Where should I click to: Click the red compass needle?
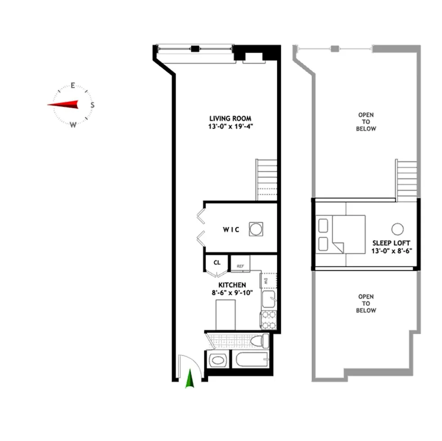point(63,105)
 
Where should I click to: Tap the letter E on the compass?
point(72,85)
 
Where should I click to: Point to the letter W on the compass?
point(73,125)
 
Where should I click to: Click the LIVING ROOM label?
point(230,119)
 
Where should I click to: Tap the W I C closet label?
point(231,230)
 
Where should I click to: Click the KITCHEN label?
point(232,285)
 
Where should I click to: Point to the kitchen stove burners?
point(269,319)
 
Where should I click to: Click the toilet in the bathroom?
point(259,341)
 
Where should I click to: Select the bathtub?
point(250,360)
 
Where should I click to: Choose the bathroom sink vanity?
point(218,360)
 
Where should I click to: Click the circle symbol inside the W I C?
point(256,229)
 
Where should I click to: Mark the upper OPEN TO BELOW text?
point(366,122)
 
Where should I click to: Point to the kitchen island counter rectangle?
point(226,315)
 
